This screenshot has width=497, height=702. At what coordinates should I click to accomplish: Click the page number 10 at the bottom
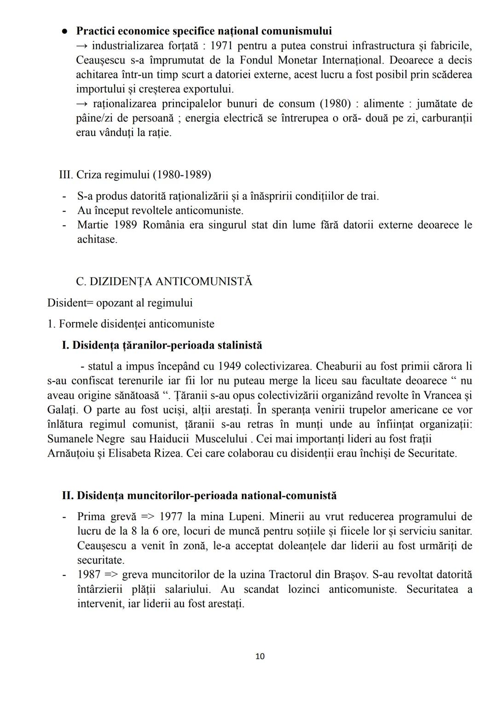tap(260, 656)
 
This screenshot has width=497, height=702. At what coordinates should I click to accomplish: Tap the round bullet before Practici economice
tap(65, 31)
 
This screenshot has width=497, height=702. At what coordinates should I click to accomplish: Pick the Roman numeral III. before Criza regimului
tap(66, 175)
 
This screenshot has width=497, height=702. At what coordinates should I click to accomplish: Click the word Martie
tap(93, 225)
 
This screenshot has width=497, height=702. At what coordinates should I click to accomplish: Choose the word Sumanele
tap(69, 439)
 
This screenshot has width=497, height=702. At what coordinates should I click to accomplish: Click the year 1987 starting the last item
tap(89, 575)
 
